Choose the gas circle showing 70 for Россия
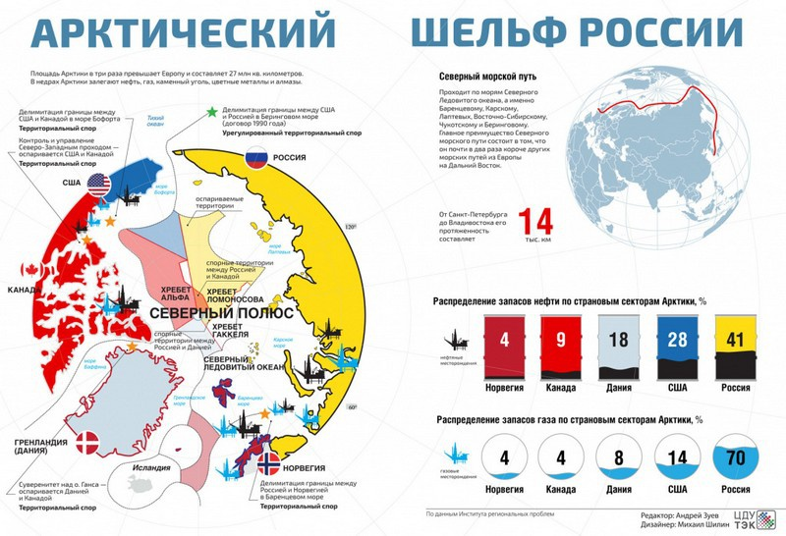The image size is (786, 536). pyautogui.click(x=734, y=458)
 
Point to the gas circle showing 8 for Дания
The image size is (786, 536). pyautogui.click(x=619, y=458)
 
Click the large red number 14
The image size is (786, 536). pyautogui.click(x=537, y=222)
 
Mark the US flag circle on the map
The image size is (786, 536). pyautogui.click(x=98, y=184)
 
